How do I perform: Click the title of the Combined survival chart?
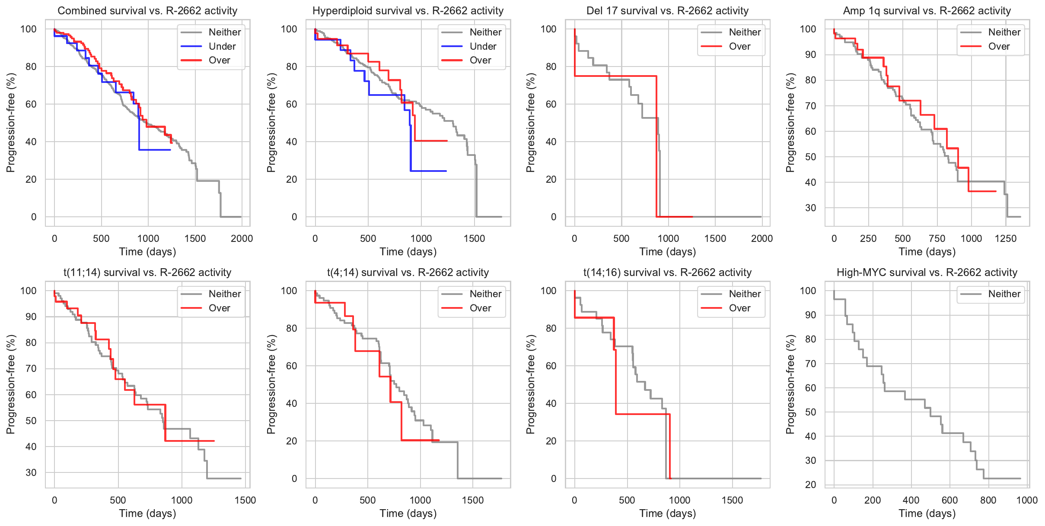coord(147,11)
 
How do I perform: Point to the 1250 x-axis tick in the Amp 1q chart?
coord(1005,239)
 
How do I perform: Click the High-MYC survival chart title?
coord(927,273)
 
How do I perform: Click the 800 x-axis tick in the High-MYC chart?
coord(988,501)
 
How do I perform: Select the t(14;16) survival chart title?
coord(667,273)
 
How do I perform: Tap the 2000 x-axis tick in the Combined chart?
coord(242,239)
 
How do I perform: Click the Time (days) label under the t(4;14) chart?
coord(408,513)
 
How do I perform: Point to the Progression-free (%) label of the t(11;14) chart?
coord(10,384)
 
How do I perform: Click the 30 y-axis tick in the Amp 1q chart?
coord(810,208)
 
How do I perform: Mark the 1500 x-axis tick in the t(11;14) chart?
coord(245,501)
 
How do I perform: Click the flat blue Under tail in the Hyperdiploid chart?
coord(428,171)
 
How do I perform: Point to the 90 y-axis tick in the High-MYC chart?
coord(808,315)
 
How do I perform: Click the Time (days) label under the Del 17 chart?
coord(667,252)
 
